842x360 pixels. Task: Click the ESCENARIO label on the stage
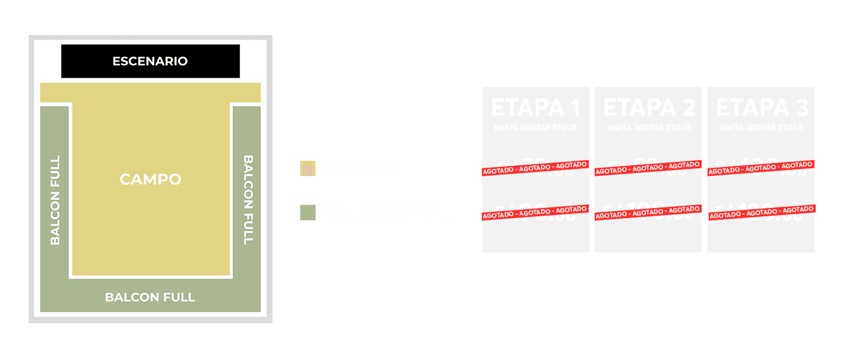pyautogui.click(x=150, y=61)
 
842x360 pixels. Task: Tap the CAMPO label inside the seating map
pyautogui.click(x=150, y=179)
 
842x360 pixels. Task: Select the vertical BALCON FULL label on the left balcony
pyautogui.click(x=55, y=200)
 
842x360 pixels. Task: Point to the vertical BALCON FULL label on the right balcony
pyautogui.click(x=248, y=200)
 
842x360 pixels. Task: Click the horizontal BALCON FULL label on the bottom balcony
pyautogui.click(x=150, y=297)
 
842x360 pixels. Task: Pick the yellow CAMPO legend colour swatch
pyautogui.click(x=308, y=168)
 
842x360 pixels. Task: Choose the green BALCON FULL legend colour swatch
pyautogui.click(x=308, y=213)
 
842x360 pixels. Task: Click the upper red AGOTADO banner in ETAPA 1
pyautogui.click(x=535, y=169)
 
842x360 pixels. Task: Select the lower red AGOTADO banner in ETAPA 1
pyautogui.click(x=535, y=213)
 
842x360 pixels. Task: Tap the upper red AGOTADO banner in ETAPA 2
pyautogui.click(x=648, y=169)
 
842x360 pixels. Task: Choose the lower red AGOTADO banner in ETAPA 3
pyautogui.click(x=761, y=213)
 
